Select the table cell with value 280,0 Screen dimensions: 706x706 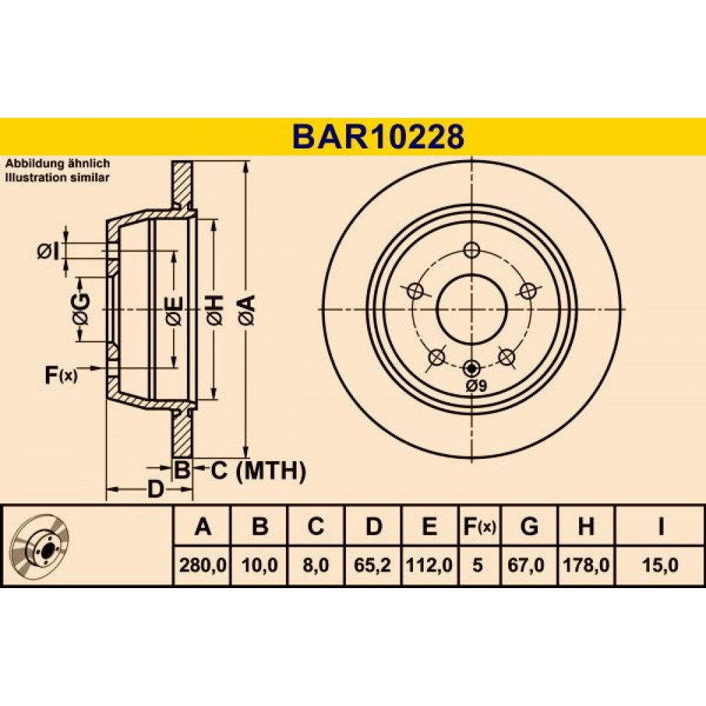[x=203, y=565]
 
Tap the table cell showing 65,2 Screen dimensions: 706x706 [x=372, y=565]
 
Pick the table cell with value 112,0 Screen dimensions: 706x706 [x=429, y=565]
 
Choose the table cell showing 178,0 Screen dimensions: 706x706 [x=586, y=565]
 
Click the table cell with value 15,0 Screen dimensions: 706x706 [x=660, y=565]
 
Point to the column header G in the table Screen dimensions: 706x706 [x=529, y=525]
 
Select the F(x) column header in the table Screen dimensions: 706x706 [x=479, y=525]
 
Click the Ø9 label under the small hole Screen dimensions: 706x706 [x=476, y=386]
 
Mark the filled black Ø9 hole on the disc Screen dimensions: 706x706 [x=472, y=369]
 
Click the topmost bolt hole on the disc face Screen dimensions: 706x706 [x=472, y=250]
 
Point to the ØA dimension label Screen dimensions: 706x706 [x=247, y=310]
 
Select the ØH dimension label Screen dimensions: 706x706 [x=214, y=310]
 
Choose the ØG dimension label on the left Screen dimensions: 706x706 [x=80, y=310]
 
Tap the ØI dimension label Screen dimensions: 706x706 [x=48, y=252]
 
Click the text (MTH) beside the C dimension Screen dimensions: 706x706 [x=270, y=471]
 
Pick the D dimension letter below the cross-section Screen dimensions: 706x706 [x=155, y=489]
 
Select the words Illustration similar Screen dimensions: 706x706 [x=57, y=178]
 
